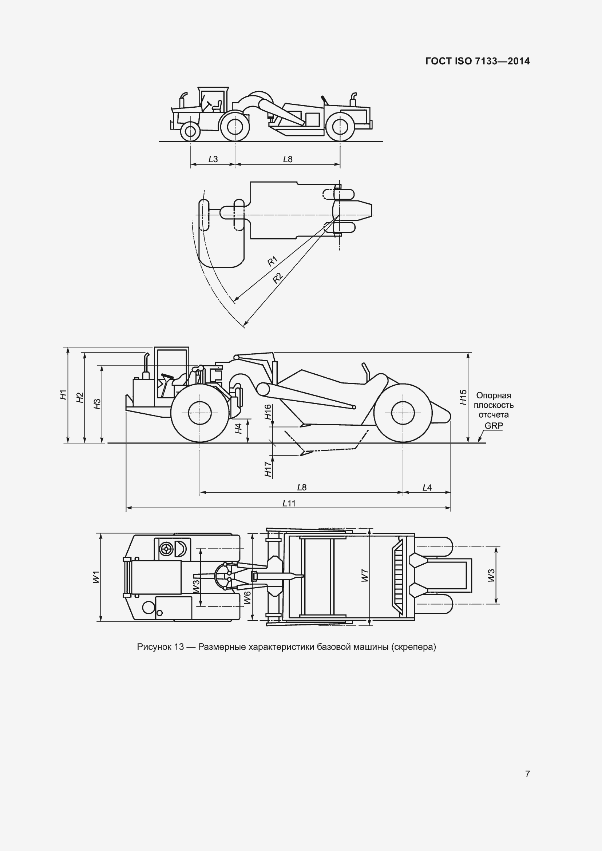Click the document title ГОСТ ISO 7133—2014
[478, 61]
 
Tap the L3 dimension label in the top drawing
[213, 159]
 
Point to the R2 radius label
[278, 278]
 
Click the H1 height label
[63, 394]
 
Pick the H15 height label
[463, 397]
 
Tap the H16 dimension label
[268, 412]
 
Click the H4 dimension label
[239, 429]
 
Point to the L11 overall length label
[289, 503]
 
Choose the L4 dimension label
[427, 488]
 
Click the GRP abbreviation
[494, 426]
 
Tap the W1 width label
[96, 577]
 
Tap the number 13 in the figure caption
[179, 647]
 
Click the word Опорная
[494, 395]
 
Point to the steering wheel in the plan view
[165, 549]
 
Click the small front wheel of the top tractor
[190, 131]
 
